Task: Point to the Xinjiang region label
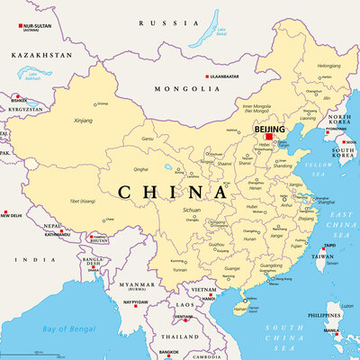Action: point(83,120)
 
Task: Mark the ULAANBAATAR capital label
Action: point(233,76)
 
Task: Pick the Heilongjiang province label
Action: point(328,66)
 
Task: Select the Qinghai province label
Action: point(140,168)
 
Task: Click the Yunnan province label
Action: point(179,269)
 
